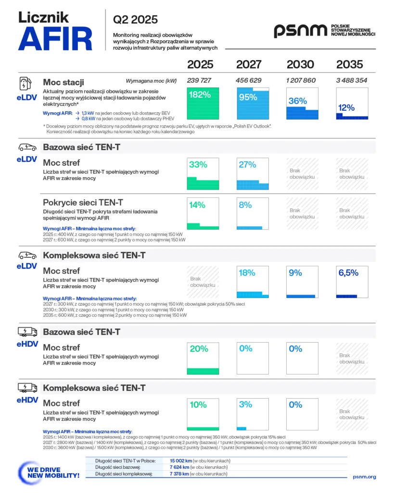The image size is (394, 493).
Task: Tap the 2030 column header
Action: [300, 65]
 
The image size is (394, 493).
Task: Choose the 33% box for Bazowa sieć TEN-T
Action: [203, 173]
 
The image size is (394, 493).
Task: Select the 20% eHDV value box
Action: [203, 358]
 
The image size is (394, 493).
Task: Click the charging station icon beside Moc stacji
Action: [25, 84]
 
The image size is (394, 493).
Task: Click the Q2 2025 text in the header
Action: [135, 20]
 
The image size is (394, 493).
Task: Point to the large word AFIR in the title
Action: [55, 39]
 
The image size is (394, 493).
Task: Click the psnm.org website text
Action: [364, 477]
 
